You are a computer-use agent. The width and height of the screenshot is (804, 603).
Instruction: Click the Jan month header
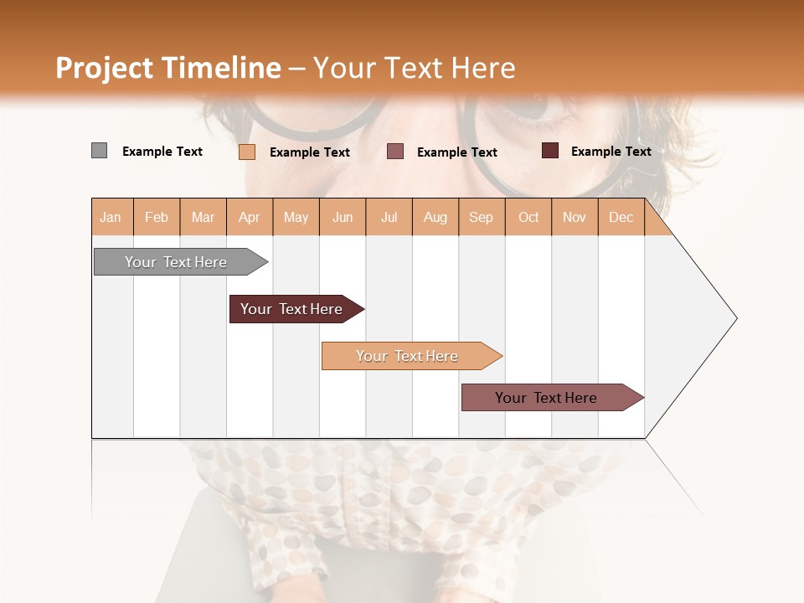111,218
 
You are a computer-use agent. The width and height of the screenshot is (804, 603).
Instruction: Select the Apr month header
250,218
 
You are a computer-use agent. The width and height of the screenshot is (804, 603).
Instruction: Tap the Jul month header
389,218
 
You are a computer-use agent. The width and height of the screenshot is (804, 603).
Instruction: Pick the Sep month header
482,218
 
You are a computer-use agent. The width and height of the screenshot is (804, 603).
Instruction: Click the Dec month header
621,218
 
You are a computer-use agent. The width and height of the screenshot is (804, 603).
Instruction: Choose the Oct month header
528,218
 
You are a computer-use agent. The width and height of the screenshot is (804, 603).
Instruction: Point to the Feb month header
157,218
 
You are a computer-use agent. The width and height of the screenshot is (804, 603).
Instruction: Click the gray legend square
99,151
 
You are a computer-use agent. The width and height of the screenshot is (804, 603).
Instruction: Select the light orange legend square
246,152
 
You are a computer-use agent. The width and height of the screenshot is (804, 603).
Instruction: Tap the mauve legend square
395,152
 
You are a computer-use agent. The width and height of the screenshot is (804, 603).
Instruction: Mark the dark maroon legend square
549,151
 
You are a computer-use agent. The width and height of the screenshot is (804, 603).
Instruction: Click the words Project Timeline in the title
167,68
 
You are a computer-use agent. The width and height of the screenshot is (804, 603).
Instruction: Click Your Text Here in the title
415,68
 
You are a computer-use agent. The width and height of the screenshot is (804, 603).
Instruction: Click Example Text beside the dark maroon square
611,152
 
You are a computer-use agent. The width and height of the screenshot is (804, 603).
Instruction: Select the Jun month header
343,218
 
